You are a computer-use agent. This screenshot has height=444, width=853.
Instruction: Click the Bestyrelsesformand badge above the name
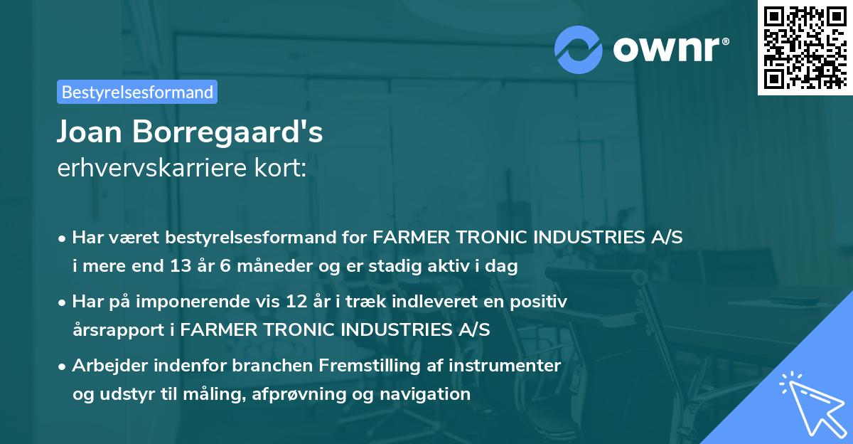pos(137,92)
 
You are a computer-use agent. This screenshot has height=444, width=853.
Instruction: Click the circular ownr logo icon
pos(579,50)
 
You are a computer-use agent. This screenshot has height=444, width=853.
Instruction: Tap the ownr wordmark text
pos(670,49)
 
